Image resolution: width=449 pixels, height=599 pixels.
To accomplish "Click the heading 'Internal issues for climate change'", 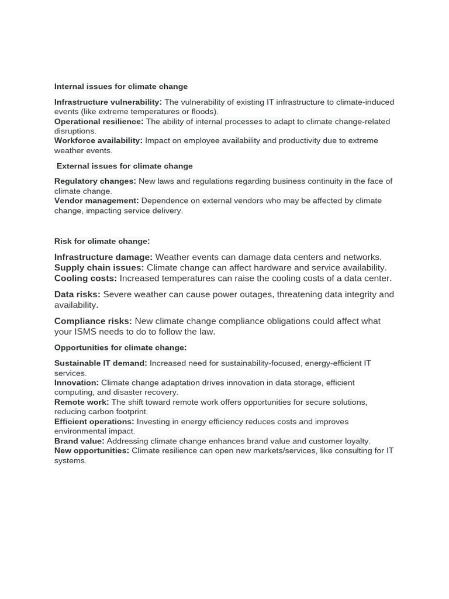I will [121, 87].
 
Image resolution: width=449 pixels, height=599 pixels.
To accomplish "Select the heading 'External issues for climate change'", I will [125, 166].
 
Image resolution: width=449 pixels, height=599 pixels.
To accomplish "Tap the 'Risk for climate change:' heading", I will [102, 241].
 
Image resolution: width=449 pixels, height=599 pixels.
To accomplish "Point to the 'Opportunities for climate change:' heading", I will [120, 347].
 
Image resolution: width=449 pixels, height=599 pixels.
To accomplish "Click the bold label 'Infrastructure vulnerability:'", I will [108, 102].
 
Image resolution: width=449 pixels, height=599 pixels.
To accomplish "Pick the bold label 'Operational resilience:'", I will [99, 122].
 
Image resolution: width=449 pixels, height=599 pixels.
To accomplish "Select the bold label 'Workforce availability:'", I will [98, 141].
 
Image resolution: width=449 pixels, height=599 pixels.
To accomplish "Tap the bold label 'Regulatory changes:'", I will [95, 181].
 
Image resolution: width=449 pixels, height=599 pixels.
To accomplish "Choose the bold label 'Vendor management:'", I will [96, 201].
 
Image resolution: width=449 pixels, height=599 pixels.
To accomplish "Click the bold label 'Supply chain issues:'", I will [99, 268].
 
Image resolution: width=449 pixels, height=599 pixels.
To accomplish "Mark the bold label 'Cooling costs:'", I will [85, 278].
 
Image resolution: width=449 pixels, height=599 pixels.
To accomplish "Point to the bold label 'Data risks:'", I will [77, 294].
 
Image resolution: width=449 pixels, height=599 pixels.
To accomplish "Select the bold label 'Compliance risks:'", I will [93, 321].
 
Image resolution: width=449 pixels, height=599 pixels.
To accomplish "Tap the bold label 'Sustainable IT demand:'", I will [101, 363].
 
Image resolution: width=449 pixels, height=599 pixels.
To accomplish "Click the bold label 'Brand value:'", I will [80, 441].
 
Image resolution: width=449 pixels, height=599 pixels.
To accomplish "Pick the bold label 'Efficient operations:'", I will [94, 422].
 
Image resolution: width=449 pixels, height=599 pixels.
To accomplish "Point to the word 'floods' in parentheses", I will [203, 112].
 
